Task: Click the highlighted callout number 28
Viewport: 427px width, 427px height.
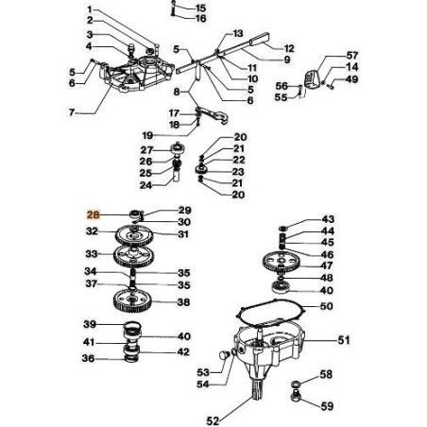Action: coord(93,215)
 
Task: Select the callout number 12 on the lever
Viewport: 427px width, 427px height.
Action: coord(289,47)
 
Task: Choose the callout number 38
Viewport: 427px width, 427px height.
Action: coord(182,303)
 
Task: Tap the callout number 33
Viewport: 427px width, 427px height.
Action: coord(91,254)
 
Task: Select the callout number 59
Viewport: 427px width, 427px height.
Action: coord(327,407)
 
